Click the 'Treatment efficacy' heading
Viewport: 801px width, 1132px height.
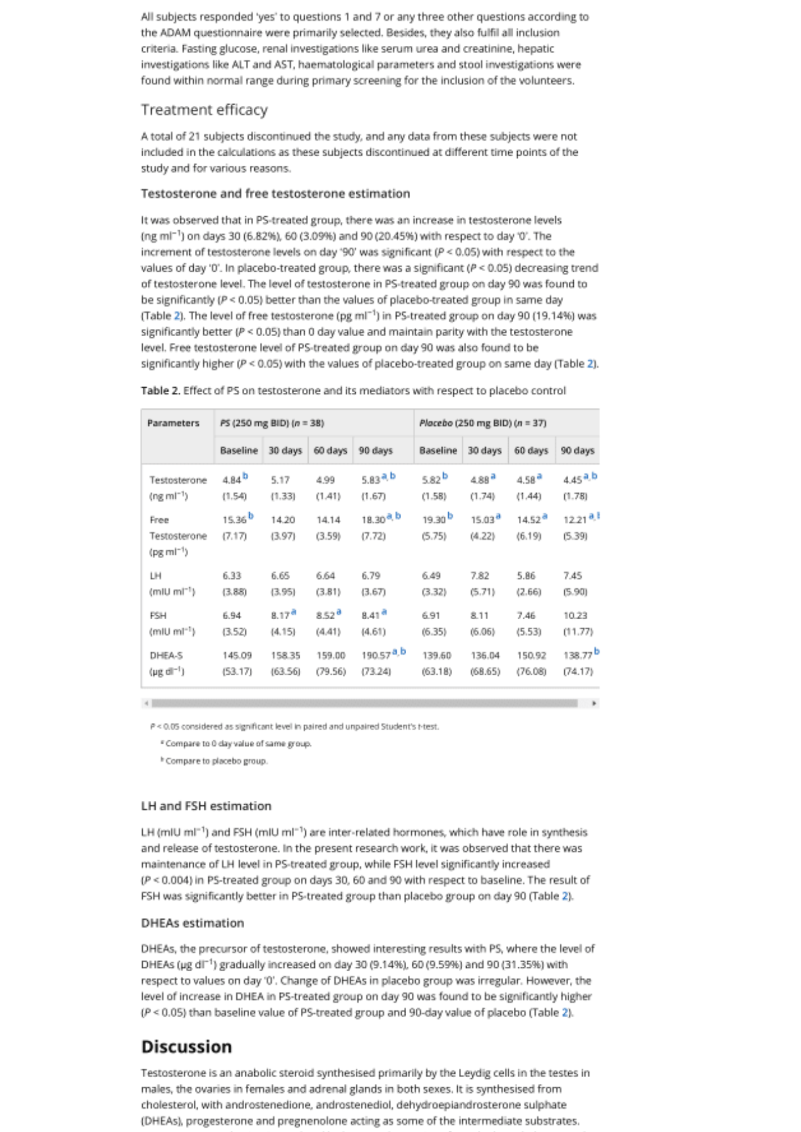(x=204, y=109)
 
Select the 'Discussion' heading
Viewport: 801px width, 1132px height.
(x=186, y=1046)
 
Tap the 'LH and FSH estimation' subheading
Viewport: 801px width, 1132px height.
(x=206, y=805)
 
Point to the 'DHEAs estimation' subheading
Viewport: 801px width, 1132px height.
(x=193, y=923)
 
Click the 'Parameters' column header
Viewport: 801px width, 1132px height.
(x=173, y=423)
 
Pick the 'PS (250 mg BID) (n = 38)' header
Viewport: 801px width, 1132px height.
(x=272, y=423)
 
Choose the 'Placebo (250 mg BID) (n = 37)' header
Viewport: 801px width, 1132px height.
(x=483, y=423)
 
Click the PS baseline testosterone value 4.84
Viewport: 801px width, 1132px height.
(x=232, y=480)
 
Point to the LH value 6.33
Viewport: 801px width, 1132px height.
(x=232, y=576)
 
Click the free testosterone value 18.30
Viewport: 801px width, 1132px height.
(x=373, y=520)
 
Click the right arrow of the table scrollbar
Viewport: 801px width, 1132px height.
(x=594, y=703)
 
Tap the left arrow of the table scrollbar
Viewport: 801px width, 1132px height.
(x=146, y=703)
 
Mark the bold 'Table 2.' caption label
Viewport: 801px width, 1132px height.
(x=160, y=391)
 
